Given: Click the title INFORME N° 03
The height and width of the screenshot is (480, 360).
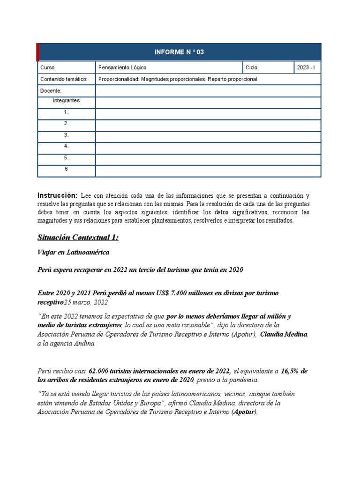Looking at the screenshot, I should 180,52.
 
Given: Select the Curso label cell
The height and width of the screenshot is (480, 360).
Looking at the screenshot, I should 48,67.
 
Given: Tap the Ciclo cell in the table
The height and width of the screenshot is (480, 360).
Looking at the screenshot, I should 252,67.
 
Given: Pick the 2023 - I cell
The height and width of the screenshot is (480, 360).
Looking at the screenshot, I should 306,67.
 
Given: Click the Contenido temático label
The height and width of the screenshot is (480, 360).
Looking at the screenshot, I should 64,79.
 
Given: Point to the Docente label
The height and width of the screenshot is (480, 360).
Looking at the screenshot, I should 51,91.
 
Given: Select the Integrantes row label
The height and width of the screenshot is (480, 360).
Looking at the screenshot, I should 66,100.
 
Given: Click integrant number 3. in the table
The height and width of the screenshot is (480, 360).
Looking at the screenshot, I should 66,135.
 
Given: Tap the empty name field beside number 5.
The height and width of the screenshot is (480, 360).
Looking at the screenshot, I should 208,158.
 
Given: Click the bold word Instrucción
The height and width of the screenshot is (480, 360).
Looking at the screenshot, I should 57,195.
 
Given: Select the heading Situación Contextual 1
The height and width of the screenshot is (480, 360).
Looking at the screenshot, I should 78,238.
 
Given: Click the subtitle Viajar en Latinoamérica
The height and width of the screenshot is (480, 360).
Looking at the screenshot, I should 73,253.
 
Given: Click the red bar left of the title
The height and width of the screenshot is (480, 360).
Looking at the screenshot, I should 37,52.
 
